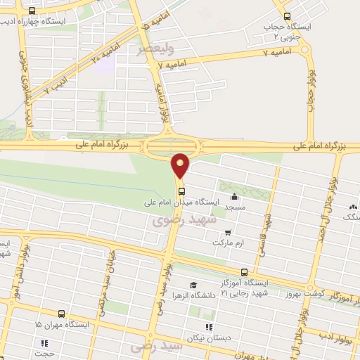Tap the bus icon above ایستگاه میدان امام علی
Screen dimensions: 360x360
(x=181, y=191)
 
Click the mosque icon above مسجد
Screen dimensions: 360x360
(x=234, y=197)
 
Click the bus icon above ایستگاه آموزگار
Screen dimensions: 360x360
(x=244, y=272)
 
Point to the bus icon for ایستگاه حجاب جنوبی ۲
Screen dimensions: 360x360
(x=286, y=16)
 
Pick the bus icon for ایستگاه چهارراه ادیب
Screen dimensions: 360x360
(x=32, y=11)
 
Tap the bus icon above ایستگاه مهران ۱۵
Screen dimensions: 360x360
(x=61, y=314)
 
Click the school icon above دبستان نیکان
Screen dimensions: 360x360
(x=207, y=326)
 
